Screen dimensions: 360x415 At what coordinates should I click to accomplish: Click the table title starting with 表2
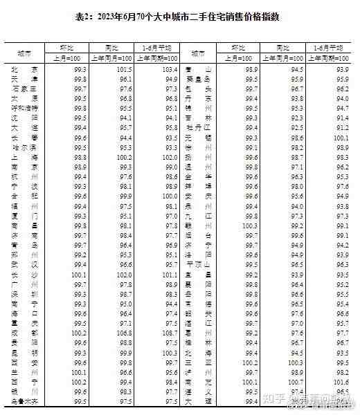(x=180, y=17)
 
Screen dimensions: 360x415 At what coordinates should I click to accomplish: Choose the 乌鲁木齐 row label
(x=24, y=400)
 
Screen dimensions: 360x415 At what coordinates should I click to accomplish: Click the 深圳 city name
(x=24, y=294)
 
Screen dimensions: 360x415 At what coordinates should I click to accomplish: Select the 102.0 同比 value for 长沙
(x=123, y=275)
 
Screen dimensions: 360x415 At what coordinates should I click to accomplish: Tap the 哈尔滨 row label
(x=24, y=148)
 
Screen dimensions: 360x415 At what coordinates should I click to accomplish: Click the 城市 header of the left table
(x=24, y=53)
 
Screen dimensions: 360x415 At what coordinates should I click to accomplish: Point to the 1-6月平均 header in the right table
(x=328, y=48)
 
